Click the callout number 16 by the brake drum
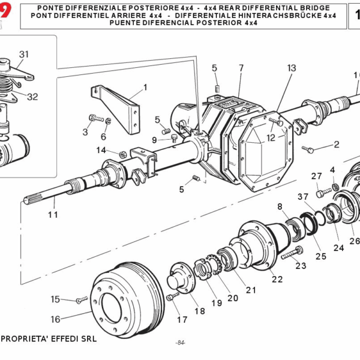tap(55, 320)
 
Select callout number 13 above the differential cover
tap(292, 68)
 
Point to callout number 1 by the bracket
tap(145, 87)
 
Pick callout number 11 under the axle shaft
tap(53, 214)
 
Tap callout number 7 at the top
tap(241, 67)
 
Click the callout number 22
tap(277, 279)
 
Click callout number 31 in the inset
tap(23, 54)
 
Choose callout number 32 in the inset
tap(32, 97)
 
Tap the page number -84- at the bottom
tap(180, 343)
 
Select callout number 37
tap(303, 197)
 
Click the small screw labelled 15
tap(82, 298)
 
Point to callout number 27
tap(317, 176)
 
